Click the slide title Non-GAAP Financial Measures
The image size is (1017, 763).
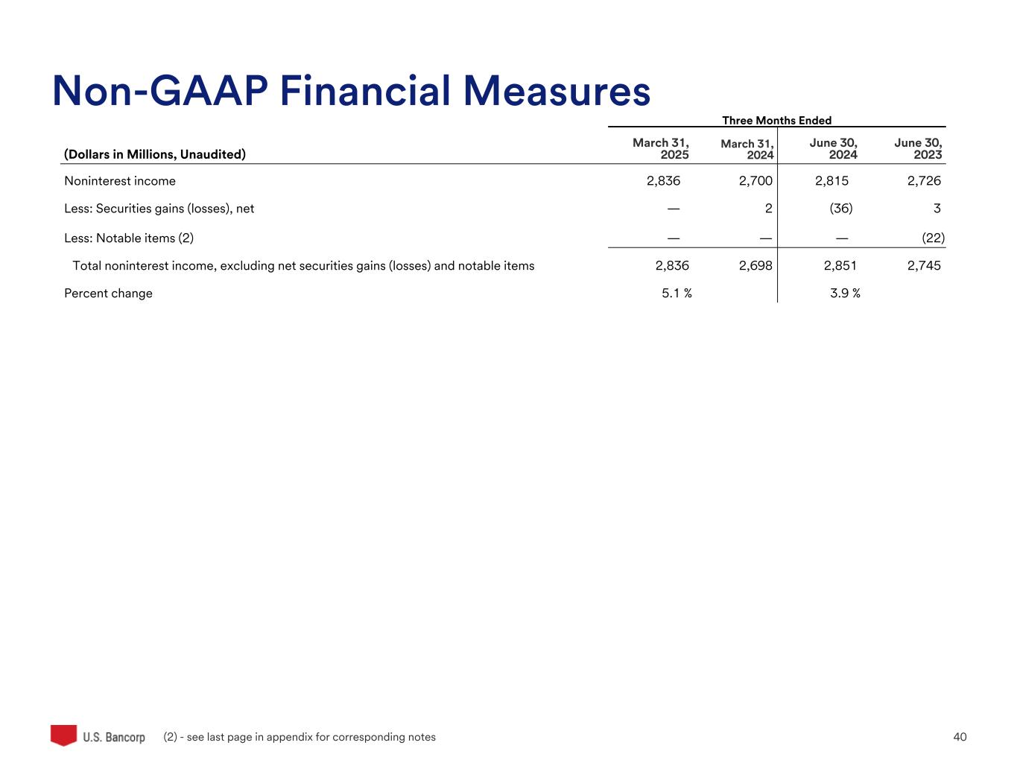pyautogui.click(x=351, y=92)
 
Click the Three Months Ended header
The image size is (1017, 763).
pyautogui.click(x=776, y=121)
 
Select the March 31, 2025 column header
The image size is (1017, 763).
pyautogui.click(x=661, y=149)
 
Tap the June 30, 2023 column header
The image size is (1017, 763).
pyautogui.click(x=919, y=149)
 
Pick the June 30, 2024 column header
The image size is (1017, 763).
pyautogui.click(x=834, y=149)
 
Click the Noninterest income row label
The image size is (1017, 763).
pyautogui.click(x=120, y=181)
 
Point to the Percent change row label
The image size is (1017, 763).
pyautogui.click(x=108, y=294)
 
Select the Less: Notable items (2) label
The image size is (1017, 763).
pyautogui.click(x=129, y=238)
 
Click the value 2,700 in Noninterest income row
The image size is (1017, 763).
pyautogui.click(x=755, y=181)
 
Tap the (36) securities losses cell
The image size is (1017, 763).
pyautogui.click(x=841, y=209)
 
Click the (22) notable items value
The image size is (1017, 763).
pyautogui.click(x=933, y=238)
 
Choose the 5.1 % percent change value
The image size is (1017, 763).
pyautogui.click(x=677, y=294)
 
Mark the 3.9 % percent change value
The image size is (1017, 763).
pyautogui.click(x=845, y=294)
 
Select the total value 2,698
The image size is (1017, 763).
pyautogui.click(x=755, y=266)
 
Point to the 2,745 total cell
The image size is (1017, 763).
pyautogui.click(x=924, y=266)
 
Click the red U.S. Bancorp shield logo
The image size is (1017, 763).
pyautogui.click(x=64, y=735)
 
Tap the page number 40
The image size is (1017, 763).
pyautogui.click(x=960, y=737)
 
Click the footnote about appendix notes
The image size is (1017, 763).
pyautogui.click(x=300, y=737)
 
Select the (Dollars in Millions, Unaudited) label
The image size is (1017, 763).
pyautogui.click(x=155, y=155)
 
